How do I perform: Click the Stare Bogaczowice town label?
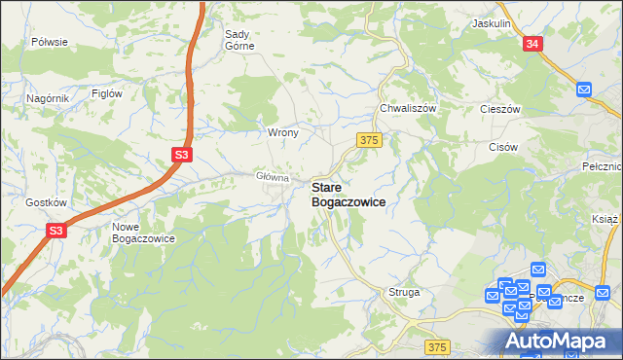coord(348,194)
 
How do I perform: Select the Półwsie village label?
coord(49,42)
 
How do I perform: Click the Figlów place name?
coord(106,93)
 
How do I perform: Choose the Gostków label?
coord(46,202)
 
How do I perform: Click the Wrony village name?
coord(282,131)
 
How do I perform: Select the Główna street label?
coord(273,176)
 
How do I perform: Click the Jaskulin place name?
coord(492,22)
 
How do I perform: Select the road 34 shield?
coord(531,44)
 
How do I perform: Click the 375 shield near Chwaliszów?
coord(368,140)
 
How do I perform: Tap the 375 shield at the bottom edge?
coord(438,347)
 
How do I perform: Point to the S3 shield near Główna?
coord(182,155)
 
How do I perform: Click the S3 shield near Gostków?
coord(57,231)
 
